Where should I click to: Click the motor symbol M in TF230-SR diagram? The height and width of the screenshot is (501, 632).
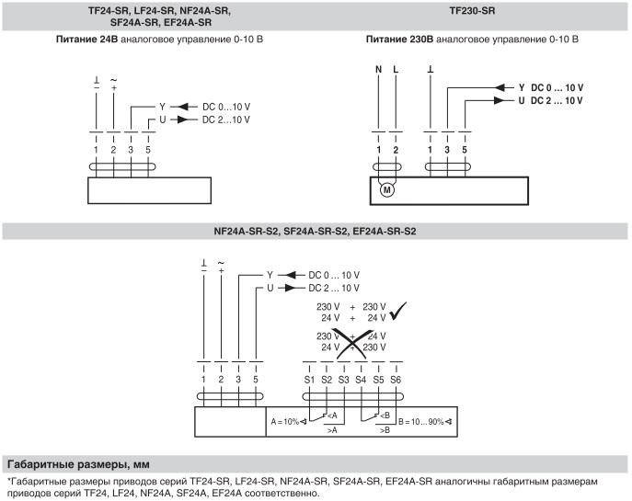click(387, 189)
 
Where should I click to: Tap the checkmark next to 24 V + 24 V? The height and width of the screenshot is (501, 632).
click(398, 311)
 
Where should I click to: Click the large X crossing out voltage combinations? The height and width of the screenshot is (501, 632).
click(352, 343)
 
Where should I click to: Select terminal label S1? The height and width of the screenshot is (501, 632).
click(309, 380)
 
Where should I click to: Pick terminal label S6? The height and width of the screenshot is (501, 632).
click(396, 380)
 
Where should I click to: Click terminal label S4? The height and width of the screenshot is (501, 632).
click(361, 380)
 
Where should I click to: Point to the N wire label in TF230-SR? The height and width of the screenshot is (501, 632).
click(378, 69)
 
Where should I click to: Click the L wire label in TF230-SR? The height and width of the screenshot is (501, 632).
click(396, 69)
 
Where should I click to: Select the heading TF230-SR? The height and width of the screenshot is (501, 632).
click(472, 11)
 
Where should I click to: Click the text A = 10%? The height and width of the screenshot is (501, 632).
click(285, 422)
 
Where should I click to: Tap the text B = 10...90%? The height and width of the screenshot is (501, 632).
click(420, 422)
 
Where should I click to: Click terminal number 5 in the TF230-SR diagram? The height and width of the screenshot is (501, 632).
click(465, 150)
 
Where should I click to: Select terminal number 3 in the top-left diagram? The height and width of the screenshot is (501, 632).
click(131, 150)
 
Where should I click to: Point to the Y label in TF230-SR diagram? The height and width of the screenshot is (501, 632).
click(522, 87)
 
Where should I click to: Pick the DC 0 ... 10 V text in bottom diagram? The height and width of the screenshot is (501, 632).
click(334, 276)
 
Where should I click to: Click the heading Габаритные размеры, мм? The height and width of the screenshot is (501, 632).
click(78, 465)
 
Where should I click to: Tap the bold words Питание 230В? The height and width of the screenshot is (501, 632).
click(399, 40)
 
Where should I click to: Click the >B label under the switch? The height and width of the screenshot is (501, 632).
click(385, 430)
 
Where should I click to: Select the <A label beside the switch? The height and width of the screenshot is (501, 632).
click(332, 416)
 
